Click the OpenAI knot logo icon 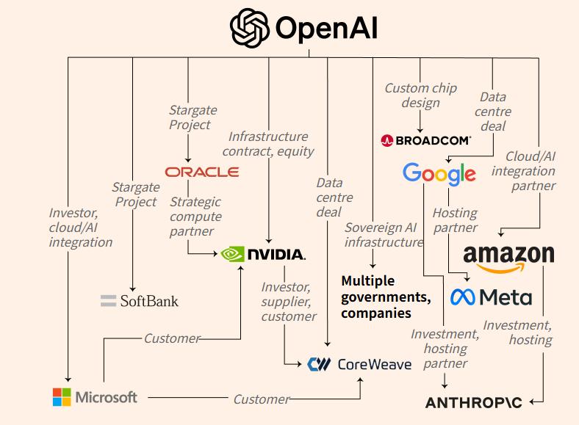coord(250,28)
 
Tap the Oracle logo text coord(202,172)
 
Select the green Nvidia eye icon coord(231,254)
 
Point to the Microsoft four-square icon coord(62,397)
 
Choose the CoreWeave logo coord(359,363)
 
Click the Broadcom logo coord(426,140)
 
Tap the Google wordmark coord(439,174)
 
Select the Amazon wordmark coord(508,255)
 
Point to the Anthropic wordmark coord(473,402)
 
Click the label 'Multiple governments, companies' coord(386,297)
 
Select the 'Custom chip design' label coord(421,95)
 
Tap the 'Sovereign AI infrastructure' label coord(384,234)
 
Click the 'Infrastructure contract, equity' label coord(268,144)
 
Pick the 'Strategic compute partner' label coord(195,216)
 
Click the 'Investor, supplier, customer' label coord(289,302)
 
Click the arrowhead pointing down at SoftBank coord(133,288)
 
